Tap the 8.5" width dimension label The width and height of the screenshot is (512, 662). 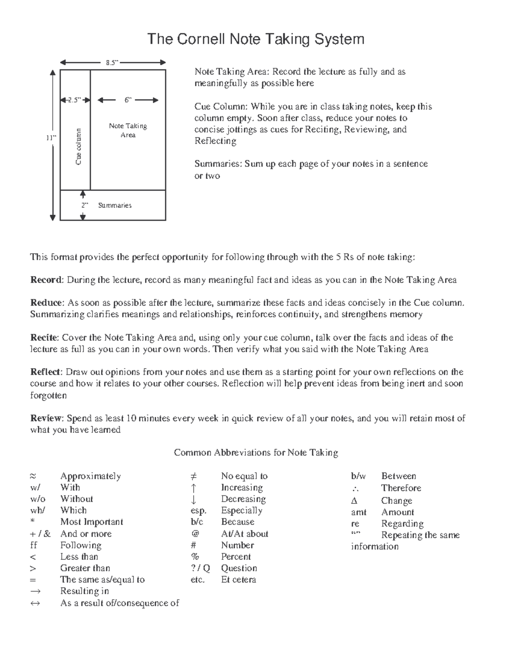pyautogui.click(x=112, y=63)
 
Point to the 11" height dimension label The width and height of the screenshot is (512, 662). pyautogui.click(x=52, y=138)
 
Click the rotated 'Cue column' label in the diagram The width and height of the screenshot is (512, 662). pyautogui.click(x=79, y=146)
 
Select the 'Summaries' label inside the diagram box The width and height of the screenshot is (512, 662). pyautogui.click(x=115, y=205)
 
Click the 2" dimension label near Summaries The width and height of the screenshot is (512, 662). pyautogui.click(x=84, y=205)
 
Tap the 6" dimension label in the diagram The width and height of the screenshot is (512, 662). pyautogui.click(x=128, y=100)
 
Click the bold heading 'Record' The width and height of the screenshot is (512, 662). pyautogui.click(x=47, y=280)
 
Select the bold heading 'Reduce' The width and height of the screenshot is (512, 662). pyautogui.click(x=47, y=303)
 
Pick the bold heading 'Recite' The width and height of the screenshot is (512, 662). pyautogui.click(x=44, y=338)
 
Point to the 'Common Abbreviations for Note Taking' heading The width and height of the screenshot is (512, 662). pyautogui.click(x=256, y=453)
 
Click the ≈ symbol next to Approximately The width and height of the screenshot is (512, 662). pyautogui.click(x=33, y=476)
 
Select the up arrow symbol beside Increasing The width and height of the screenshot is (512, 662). pyautogui.click(x=193, y=488)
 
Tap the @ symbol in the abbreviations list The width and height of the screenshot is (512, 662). pyautogui.click(x=194, y=534)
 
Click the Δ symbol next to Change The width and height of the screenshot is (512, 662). pyautogui.click(x=354, y=501)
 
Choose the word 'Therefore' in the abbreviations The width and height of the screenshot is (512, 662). pyautogui.click(x=401, y=488)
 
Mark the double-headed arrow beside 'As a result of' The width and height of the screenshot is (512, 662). pyautogui.click(x=35, y=603)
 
